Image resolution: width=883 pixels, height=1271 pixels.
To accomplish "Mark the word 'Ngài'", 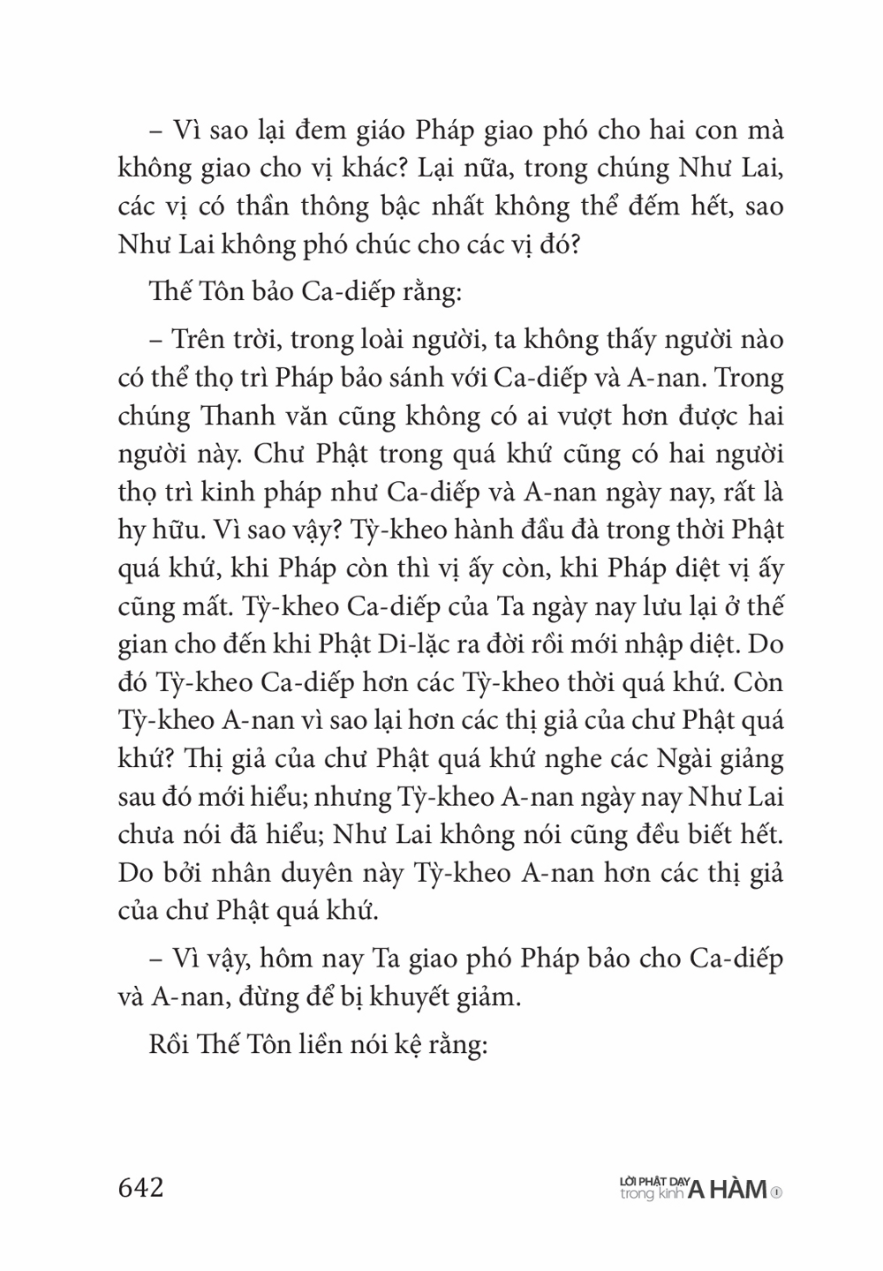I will pos(642,758).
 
